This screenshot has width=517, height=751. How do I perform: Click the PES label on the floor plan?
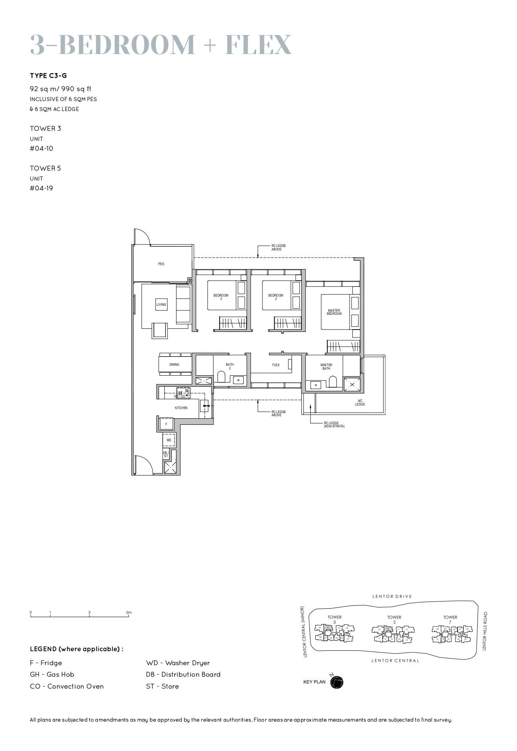(161, 264)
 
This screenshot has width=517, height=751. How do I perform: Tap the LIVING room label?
(161, 305)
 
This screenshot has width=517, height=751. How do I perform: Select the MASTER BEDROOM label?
(334, 312)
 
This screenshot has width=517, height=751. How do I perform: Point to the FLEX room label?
(276, 365)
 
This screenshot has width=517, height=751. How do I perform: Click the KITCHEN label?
(181, 408)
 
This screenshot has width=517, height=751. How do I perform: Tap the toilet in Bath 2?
(222, 376)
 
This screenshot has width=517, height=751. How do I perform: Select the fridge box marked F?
(166, 424)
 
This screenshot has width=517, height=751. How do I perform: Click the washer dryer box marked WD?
(169, 441)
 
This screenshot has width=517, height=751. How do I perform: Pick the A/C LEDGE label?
(360, 402)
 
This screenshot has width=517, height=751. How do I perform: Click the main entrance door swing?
(144, 464)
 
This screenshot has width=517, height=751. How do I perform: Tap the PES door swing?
(142, 237)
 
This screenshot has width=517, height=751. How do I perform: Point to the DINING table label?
(174, 365)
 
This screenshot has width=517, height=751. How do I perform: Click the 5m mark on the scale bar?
(129, 613)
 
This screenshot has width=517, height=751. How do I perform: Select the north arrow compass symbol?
(336, 682)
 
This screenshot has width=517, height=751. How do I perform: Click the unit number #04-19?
(41, 188)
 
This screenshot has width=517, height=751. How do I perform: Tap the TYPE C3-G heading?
(48, 76)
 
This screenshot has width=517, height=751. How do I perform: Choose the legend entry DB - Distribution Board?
(183, 674)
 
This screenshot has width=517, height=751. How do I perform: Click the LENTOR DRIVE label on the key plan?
(392, 596)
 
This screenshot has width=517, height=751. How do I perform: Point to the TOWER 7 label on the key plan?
(450, 619)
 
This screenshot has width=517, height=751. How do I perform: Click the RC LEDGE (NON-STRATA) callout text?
(334, 425)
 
